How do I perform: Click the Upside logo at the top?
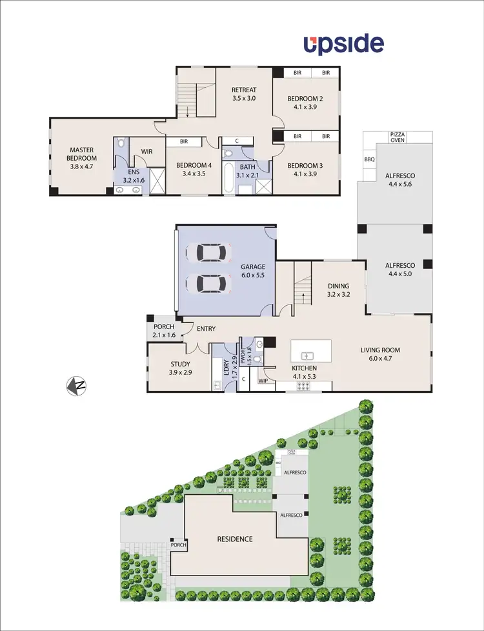point(344,45)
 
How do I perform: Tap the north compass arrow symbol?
point(77,386)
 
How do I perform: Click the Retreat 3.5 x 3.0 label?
point(244,94)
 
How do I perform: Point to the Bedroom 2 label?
point(305,103)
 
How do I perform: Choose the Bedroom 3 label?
point(305,169)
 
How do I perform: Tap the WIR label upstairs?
point(146,152)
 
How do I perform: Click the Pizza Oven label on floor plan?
point(398,137)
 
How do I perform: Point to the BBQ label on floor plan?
point(369,159)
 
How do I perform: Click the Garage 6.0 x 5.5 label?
point(253,270)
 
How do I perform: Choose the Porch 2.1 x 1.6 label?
point(164,331)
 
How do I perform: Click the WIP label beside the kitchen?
point(263,381)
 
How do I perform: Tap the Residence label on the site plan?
point(234,539)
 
